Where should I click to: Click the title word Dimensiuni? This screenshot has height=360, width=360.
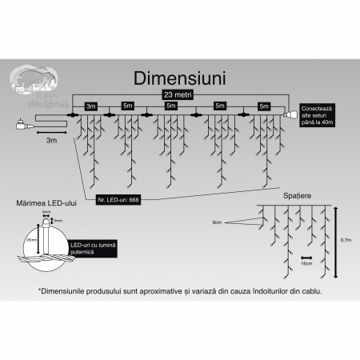click(x=180, y=80)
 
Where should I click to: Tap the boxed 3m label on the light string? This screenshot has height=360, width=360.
click(x=90, y=105)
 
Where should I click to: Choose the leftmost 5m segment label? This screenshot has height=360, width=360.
click(x=128, y=105)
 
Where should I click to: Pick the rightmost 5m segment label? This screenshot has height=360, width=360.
click(x=263, y=105)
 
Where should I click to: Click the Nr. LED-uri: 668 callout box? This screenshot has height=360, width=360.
click(x=118, y=198)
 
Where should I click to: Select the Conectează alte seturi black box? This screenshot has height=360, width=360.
click(x=315, y=114)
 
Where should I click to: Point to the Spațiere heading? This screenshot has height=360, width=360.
click(x=296, y=195)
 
